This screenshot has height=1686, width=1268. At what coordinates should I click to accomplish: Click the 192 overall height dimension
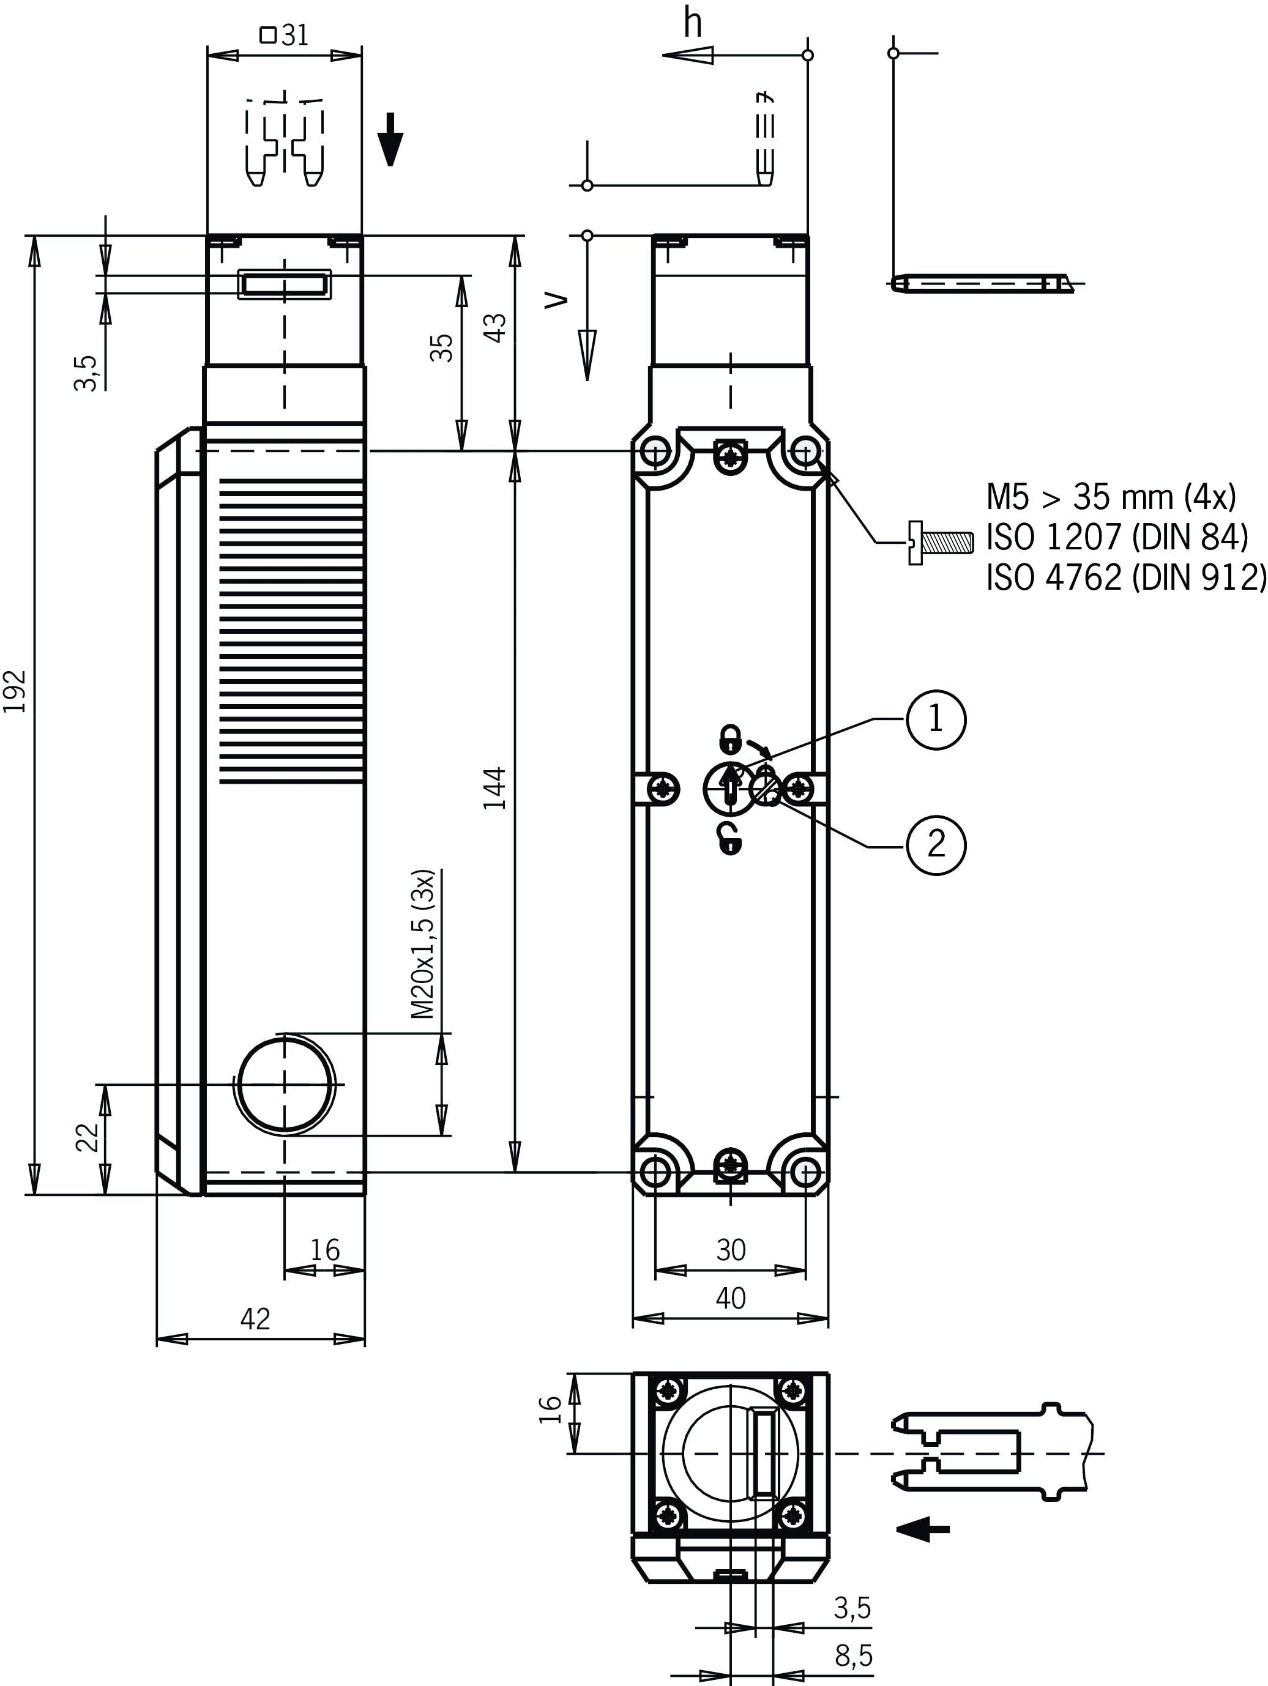tap(16, 691)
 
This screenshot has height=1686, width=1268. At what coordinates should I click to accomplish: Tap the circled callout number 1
tap(936, 719)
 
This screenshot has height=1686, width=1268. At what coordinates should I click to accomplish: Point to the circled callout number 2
tap(936, 844)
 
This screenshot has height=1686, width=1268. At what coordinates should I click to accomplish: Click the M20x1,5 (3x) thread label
tap(423, 943)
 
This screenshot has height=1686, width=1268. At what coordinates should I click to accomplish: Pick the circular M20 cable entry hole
tap(286, 1085)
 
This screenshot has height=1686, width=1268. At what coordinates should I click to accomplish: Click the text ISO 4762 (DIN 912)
tap(1125, 577)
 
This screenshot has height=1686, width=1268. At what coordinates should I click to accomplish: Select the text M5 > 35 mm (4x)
tap(1111, 497)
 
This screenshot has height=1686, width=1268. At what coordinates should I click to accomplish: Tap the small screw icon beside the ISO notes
tap(940, 543)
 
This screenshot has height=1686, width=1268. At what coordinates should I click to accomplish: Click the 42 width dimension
tap(255, 1318)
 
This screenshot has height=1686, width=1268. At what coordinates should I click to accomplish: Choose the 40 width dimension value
tap(731, 1298)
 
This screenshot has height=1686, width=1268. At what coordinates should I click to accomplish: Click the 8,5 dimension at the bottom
tap(853, 1655)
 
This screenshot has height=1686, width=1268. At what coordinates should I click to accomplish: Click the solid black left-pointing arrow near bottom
tap(923, 1528)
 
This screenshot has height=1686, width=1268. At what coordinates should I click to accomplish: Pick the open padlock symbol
tap(731, 839)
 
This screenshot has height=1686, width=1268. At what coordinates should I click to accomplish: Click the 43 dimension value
tap(496, 328)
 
